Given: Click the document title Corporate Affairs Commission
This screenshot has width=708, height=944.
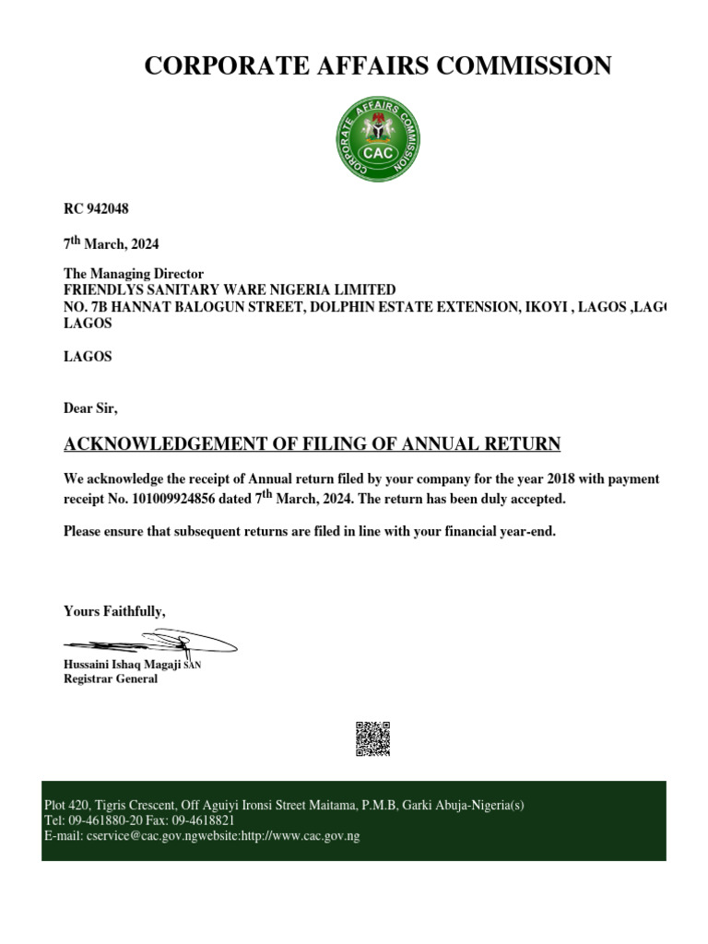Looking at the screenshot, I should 378,65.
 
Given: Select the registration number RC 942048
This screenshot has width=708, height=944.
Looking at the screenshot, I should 96,209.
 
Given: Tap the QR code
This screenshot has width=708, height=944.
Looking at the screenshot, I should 372,738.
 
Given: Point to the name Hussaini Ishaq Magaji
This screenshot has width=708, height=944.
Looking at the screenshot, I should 122,664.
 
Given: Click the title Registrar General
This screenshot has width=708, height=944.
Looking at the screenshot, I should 110,678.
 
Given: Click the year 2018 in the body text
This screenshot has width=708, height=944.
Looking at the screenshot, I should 560,479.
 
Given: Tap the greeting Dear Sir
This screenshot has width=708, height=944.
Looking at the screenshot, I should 90,407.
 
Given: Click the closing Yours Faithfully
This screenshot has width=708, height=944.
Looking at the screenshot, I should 114,610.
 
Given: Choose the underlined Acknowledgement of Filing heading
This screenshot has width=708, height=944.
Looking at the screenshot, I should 312,444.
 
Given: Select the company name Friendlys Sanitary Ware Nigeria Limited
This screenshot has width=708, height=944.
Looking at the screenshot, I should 229,289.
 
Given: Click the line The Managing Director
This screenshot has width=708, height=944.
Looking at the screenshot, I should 133,274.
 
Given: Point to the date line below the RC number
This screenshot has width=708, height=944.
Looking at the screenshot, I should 111,244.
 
